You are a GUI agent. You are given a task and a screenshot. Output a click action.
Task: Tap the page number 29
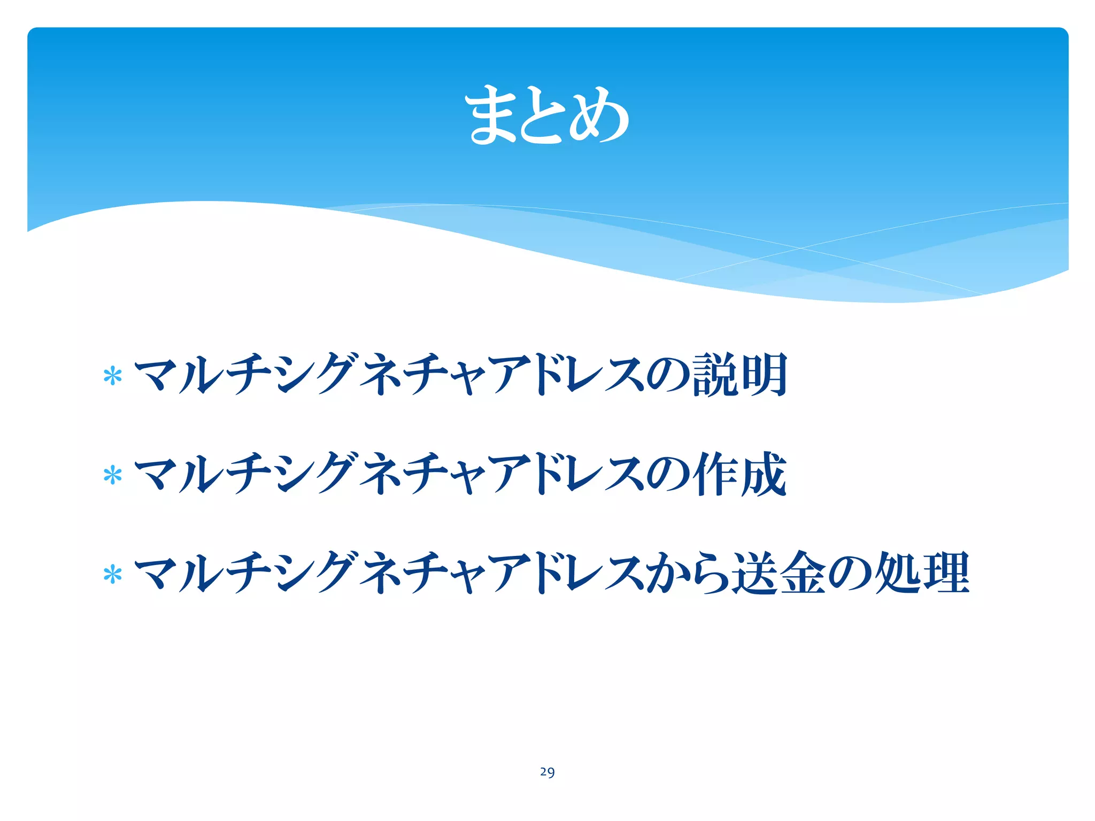[547, 772]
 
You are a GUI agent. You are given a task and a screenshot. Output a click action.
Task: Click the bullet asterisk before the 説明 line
[113, 376]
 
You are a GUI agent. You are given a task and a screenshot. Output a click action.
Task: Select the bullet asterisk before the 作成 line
[113, 475]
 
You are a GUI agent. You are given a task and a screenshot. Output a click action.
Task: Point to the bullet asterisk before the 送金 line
[113, 575]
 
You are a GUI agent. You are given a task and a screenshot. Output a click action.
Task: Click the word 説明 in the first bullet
[740, 375]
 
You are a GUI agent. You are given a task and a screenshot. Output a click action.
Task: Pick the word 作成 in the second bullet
[740, 474]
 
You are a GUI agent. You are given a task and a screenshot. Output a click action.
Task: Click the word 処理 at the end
[922, 573]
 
